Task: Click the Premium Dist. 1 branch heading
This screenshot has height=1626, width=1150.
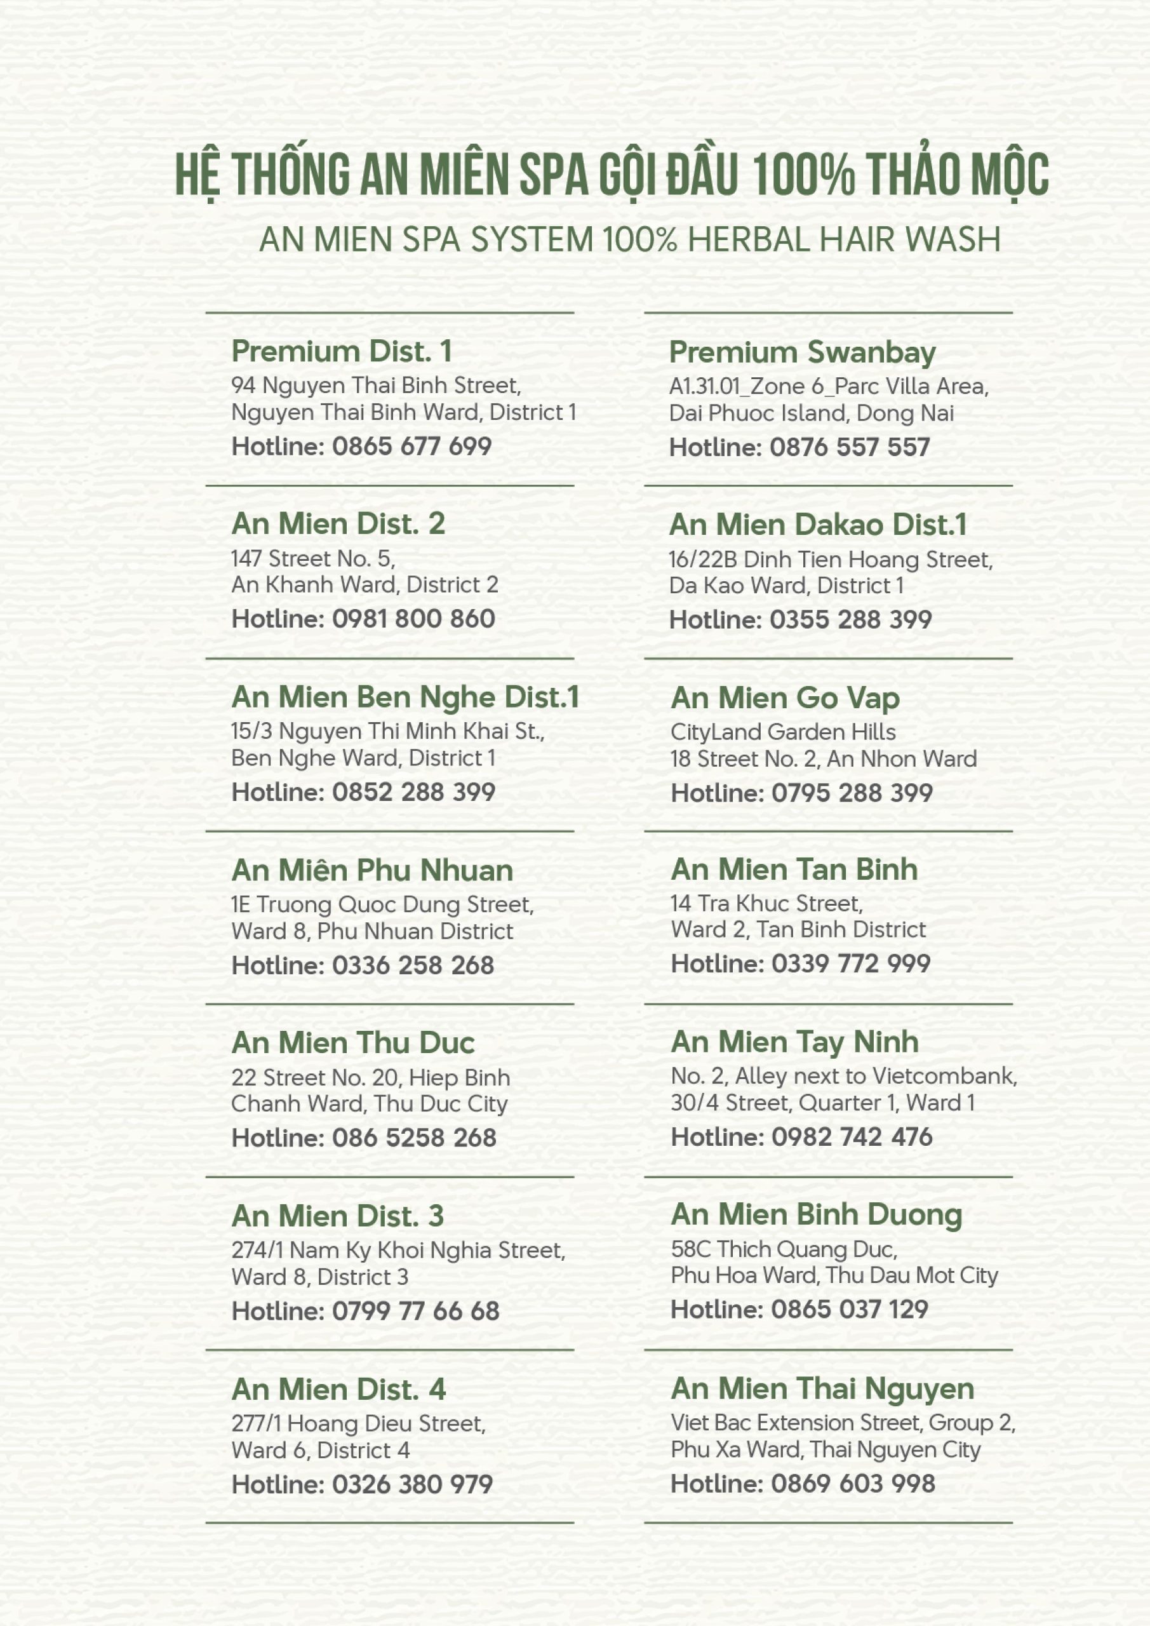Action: click(x=342, y=351)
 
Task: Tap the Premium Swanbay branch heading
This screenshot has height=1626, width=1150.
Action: click(x=802, y=353)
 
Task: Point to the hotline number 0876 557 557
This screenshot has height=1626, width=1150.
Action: click(x=850, y=448)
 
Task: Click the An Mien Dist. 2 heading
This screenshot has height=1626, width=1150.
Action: click(x=338, y=524)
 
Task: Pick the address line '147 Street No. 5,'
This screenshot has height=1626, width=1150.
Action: click(x=313, y=559)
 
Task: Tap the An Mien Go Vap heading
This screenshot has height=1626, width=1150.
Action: click(x=785, y=698)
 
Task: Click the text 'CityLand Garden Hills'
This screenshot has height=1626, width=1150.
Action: click(x=782, y=732)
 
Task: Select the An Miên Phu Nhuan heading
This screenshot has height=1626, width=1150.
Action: click(x=371, y=870)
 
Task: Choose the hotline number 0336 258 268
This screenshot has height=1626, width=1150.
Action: click(x=413, y=966)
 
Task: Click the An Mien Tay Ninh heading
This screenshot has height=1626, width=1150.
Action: click(x=794, y=1042)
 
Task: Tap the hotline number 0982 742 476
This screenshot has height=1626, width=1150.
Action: click(x=852, y=1138)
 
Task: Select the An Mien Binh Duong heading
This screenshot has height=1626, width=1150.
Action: click(x=817, y=1215)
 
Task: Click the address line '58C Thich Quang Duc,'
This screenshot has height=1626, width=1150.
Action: click(x=784, y=1250)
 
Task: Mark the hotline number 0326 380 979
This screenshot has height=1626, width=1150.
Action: click(x=412, y=1484)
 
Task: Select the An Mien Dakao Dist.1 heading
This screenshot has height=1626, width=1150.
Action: click(x=818, y=525)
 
